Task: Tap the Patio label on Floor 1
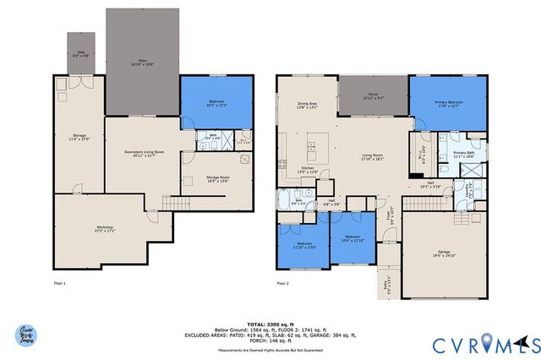[143, 62]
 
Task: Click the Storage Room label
[217, 178]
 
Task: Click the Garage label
[443, 253]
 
